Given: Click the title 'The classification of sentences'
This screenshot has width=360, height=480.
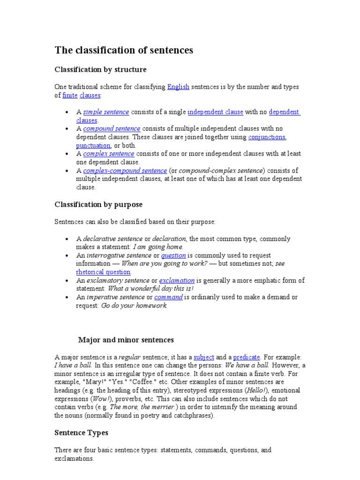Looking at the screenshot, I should tap(124, 50).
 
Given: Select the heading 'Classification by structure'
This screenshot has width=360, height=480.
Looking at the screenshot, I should tap(100, 70).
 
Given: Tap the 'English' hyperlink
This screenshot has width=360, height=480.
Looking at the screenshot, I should tap(178, 87).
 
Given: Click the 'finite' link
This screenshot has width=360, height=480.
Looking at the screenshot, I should tap(70, 96).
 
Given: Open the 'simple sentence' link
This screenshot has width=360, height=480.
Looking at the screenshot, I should tap(106, 112).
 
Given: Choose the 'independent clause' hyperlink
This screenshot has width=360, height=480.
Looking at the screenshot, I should tap(215, 112).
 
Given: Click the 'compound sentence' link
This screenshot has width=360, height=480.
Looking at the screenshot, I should tap(112, 129).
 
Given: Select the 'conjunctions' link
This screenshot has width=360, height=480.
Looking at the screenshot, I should tap(267, 137).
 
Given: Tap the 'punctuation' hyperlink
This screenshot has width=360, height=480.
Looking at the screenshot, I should tap(93, 146).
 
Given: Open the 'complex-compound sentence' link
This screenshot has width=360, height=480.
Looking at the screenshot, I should tap(125, 171).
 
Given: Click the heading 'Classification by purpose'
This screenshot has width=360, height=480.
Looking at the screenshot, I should tap(98, 205).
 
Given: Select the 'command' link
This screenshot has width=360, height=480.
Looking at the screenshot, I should tap(168, 297).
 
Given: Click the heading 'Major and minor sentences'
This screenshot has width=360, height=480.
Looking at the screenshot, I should tap(126, 340).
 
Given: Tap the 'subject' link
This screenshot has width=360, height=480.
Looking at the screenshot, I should tap(203, 357).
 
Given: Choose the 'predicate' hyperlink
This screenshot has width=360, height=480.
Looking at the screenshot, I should tap(246, 357).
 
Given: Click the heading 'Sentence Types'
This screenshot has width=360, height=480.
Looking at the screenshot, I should tap(82, 433).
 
